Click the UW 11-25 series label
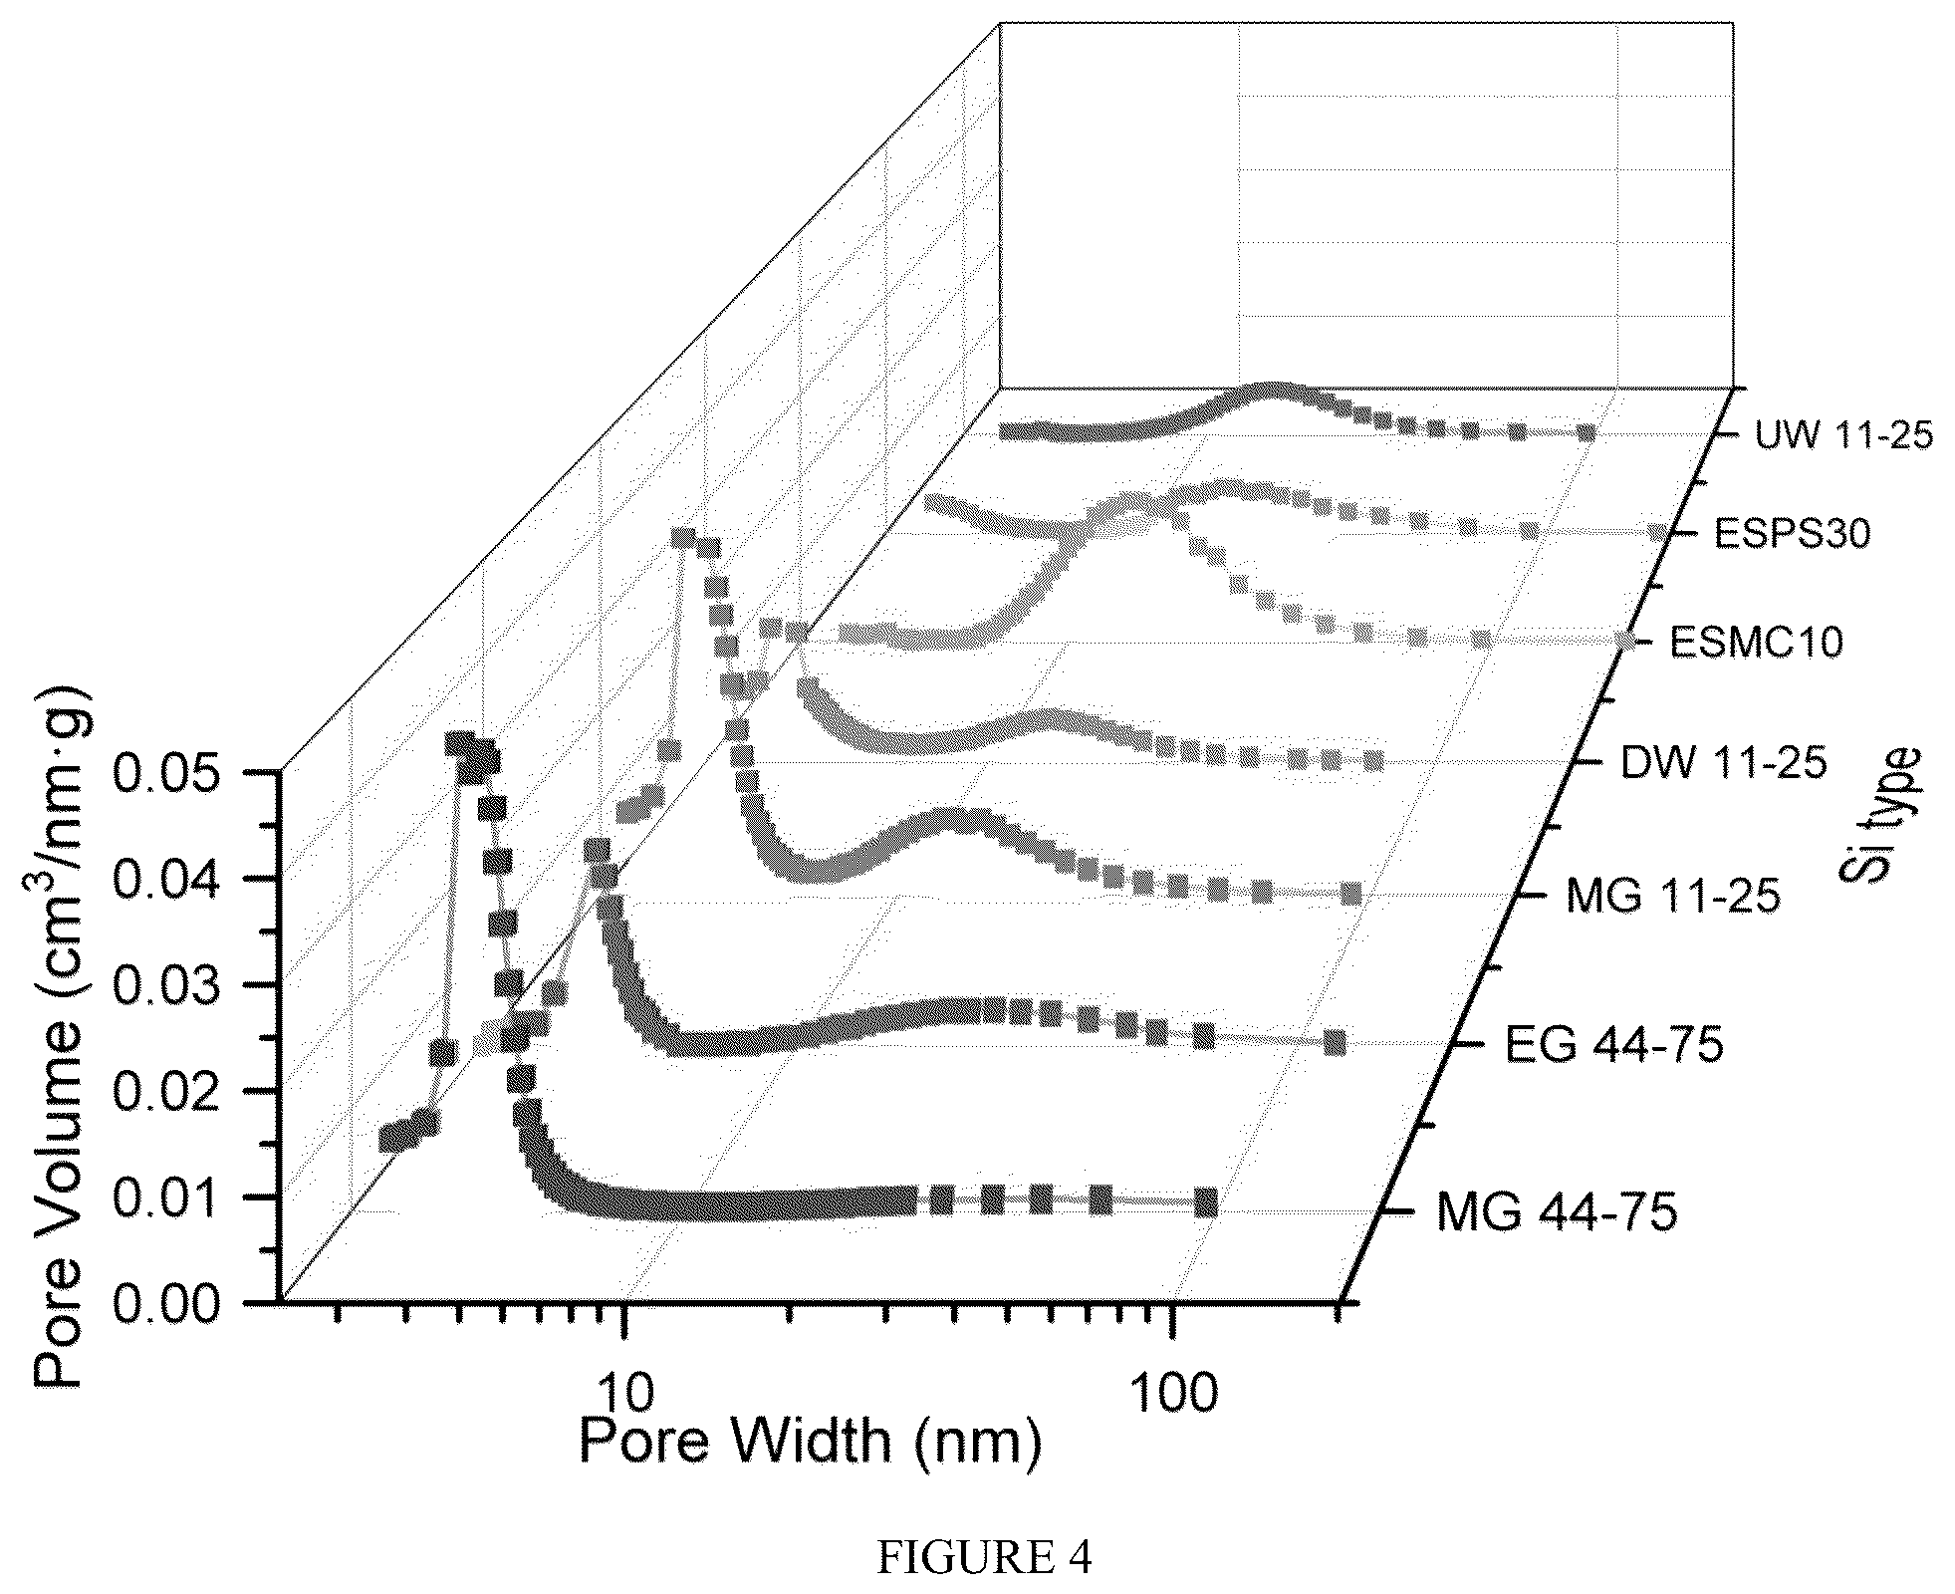(1842, 435)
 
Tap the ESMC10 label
(1756, 642)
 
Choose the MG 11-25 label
(1672, 898)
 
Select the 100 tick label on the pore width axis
(1173, 1392)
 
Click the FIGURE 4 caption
(983, 1558)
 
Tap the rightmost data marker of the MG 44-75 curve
(1205, 1202)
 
